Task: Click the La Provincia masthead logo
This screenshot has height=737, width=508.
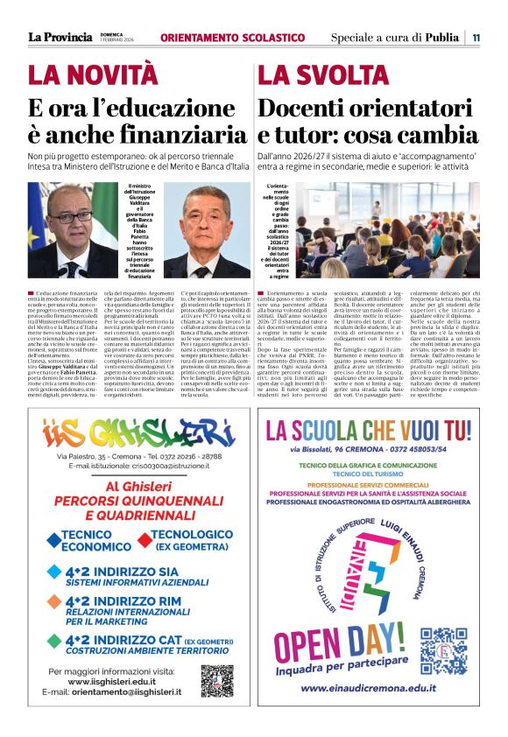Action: tap(60, 37)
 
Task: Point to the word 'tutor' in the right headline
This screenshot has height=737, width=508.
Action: tap(307, 136)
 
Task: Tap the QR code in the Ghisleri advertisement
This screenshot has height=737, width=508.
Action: tap(216, 680)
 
